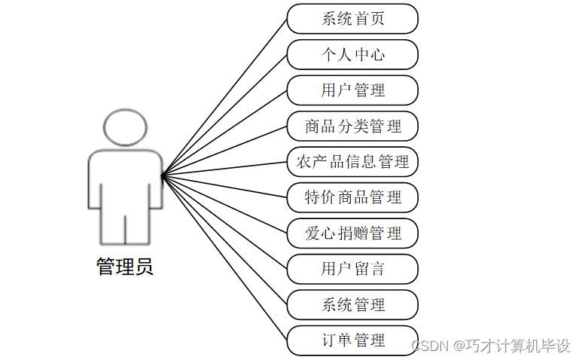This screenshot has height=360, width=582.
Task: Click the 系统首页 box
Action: click(x=352, y=19)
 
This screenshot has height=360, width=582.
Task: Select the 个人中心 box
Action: click(x=352, y=55)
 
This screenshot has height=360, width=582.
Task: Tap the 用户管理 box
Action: click(x=352, y=90)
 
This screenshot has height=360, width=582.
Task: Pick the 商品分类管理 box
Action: click(x=352, y=126)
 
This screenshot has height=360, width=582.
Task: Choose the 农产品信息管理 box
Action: click(x=352, y=162)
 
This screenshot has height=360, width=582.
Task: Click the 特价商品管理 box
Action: click(x=352, y=197)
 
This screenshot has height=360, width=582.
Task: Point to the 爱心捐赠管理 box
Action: click(x=352, y=233)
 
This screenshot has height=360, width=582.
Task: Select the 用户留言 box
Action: click(x=352, y=269)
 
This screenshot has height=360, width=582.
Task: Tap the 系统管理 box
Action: click(x=352, y=305)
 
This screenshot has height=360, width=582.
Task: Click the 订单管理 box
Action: click(x=352, y=340)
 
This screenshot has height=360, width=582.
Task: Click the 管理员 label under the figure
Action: click(x=125, y=267)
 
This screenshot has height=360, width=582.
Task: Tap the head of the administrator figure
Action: click(x=125, y=127)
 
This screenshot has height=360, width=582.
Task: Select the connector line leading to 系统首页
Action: click(x=224, y=97)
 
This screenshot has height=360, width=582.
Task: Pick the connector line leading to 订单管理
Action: click(x=224, y=258)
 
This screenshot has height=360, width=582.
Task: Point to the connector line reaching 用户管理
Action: click(x=224, y=133)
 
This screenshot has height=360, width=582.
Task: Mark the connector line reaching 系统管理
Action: click(x=224, y=240)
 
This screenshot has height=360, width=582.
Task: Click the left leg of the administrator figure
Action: click(x=112, y=226)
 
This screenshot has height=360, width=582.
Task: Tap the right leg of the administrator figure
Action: click(x=138, y=226)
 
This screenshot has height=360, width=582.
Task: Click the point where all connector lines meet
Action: click(x=162, y=176)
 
